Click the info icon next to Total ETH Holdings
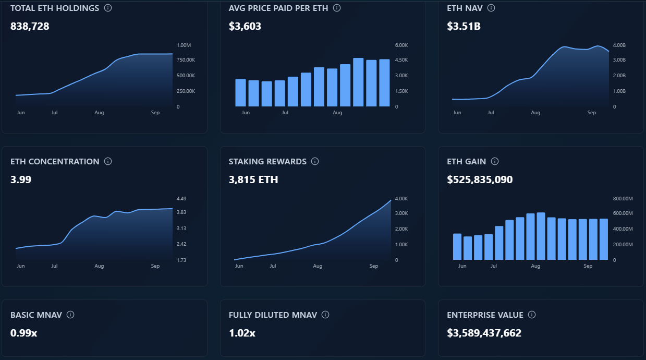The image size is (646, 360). tap(108, 8)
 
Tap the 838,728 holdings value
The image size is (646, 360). tap(30, 26)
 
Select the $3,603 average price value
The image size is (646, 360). tap(245, 26)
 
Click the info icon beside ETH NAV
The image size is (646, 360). tap(491, 8)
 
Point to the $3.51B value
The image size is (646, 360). tap(464, 26)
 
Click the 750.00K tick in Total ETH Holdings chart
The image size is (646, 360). tap(186, 60)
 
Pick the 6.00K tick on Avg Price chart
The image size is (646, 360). tap(401, 45)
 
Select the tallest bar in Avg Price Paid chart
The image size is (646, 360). tap(358, 82)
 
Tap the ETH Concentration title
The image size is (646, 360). tap(55, 162)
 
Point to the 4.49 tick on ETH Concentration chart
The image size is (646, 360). tap(181, 199)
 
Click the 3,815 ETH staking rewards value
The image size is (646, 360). tap(253, 180)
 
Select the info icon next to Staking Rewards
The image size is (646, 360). tap(315, 162)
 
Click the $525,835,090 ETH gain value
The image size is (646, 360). tap(480, 180)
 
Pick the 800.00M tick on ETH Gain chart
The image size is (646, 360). tap(622, 199)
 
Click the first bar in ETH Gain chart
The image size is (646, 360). tap(457, 247)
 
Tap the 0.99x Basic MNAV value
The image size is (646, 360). tap(23, 333)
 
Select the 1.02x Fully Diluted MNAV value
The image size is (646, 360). tap(242, 333)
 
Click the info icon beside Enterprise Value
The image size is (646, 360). tap(532, 315)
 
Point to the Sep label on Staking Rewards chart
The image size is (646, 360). tap(373, 266)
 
